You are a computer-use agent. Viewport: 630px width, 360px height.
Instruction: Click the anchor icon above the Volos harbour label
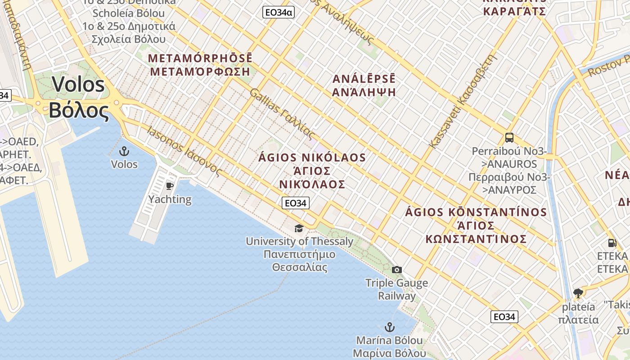(x=124, y=151)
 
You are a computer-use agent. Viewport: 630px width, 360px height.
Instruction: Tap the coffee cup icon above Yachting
(x=170, y=186)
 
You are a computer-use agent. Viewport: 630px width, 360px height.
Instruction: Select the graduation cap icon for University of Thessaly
(x=299, y=228)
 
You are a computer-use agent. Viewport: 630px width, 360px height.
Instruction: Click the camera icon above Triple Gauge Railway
(x=396, y=270)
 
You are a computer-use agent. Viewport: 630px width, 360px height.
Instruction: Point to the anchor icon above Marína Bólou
(x=389, y=327)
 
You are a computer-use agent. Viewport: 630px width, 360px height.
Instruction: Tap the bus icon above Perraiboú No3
(x=509, y=138)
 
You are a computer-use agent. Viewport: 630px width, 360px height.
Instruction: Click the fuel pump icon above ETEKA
(x=612, y=243)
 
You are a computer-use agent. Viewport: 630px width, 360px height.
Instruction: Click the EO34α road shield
(x=279, y=13)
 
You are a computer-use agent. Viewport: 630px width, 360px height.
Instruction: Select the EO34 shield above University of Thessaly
(x=296, y=203)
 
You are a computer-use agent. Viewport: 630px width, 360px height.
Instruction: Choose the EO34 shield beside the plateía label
(x=504, y=317)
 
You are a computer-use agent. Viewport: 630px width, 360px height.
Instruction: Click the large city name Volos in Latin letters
(x=79, y=85)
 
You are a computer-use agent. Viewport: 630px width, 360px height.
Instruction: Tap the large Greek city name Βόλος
(x=79, y=111)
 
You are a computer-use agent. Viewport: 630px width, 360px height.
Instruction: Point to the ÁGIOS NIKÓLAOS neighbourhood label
(x=312, y=158)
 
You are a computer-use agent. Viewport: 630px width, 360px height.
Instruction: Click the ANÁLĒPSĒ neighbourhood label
(x=364, y=79)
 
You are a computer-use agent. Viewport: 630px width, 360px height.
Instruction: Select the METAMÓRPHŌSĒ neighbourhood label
(x=200, y=58)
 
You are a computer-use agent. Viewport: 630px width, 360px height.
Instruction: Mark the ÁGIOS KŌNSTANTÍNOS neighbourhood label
(x=476, y=212)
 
